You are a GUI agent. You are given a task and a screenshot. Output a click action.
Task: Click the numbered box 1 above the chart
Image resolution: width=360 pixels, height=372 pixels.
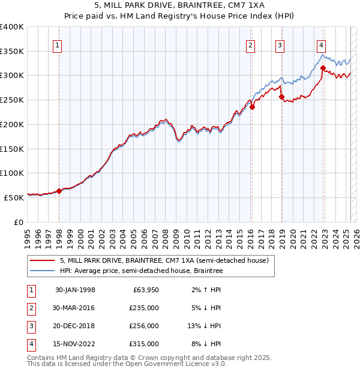57,44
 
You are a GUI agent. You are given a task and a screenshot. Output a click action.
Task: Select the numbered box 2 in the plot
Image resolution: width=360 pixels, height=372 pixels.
250,44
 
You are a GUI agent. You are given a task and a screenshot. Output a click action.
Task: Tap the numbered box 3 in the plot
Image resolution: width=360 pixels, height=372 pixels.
280,44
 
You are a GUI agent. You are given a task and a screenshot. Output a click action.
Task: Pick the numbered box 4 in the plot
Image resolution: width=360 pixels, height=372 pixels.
322,44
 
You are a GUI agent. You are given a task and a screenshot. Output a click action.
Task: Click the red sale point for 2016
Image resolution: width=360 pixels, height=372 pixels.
253,107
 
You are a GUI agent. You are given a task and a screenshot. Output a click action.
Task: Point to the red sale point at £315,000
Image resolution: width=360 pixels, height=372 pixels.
323,68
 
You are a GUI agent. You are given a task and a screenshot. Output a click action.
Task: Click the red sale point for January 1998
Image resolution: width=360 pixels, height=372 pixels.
59,191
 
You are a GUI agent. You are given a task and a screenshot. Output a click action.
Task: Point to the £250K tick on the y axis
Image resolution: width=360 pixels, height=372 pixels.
12,100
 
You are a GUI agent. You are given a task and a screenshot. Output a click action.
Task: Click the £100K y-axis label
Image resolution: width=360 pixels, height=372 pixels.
12,173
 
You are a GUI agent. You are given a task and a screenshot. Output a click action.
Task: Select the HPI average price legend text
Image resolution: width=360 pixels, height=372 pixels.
141,271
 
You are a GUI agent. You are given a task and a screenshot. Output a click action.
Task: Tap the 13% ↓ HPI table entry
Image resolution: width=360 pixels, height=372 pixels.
204,326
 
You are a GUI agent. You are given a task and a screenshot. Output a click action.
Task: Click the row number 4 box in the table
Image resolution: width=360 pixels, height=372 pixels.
30,344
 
